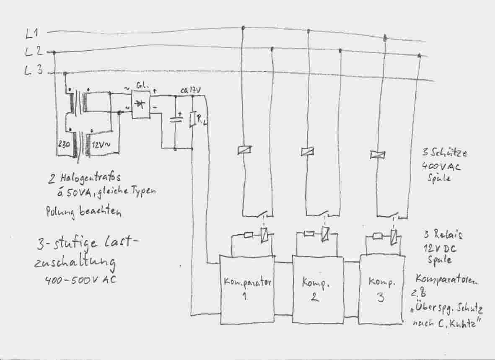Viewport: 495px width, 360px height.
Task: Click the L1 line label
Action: click(x=32, y=33)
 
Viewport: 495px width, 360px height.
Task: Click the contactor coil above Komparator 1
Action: click(x=244, y=150)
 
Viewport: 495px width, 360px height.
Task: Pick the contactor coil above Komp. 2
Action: click(x=308, y=152)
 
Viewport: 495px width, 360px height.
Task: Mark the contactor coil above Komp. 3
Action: click(x=377, y=155)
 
